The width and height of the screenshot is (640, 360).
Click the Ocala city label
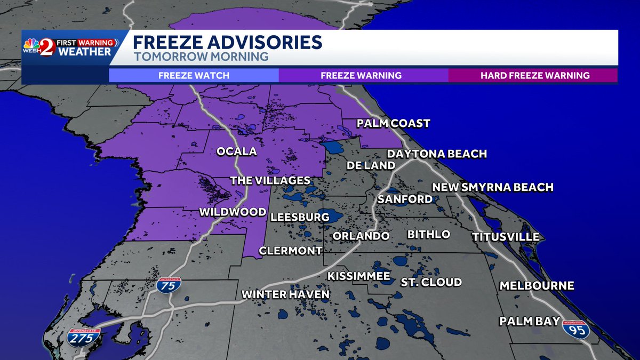[236, 152]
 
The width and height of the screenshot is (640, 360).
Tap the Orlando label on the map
[361, 236]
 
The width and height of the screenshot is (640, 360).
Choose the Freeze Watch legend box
[194, 75]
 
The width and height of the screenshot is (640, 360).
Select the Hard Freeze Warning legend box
[534, 75]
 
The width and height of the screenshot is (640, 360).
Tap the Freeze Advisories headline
[227, 42]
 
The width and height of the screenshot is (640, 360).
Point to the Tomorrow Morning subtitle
[200, 57]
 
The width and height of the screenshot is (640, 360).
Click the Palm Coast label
[393, 124]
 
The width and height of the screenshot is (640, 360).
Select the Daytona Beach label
[436, 154]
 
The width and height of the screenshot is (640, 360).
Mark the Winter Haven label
[285, 294]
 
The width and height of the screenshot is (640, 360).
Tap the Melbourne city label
[537, 286]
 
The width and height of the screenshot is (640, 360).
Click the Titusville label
[505, 237]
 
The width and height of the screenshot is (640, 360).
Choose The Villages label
[270, 181]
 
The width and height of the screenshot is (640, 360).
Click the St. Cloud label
[431, 282]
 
